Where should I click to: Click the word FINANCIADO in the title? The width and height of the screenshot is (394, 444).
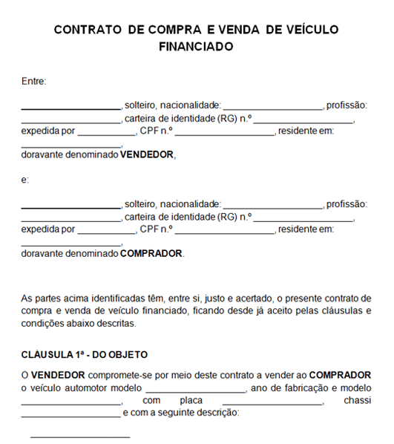(197, 46)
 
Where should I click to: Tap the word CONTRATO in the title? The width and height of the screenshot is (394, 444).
(88, 29)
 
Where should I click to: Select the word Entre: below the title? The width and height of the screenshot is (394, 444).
(34, 82)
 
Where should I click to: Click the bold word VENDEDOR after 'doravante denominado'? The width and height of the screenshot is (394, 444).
(147, 155)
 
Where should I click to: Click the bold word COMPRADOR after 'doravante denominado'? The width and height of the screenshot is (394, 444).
(151, 253)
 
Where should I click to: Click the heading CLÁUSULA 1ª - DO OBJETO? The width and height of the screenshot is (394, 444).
(85, 354)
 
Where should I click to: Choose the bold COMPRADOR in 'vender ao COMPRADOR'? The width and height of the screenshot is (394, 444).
(340, 375)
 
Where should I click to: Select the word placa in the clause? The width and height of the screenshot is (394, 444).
(191, 401)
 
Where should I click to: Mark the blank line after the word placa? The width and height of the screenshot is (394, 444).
(272, 405)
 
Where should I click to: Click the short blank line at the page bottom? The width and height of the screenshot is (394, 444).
(80, 437)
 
